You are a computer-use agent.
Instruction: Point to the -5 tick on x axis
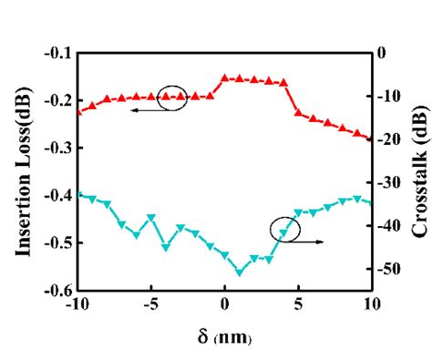149,305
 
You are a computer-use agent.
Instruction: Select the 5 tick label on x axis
298,305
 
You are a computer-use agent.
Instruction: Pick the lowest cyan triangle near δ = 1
240,272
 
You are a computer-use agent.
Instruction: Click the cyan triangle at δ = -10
78,194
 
